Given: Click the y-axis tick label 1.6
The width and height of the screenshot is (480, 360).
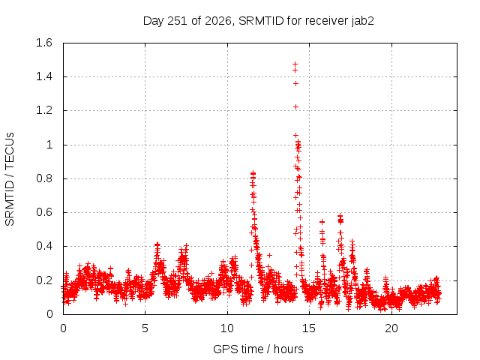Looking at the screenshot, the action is click(44, 43).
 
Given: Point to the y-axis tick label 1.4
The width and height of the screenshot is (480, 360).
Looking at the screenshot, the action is click(44, 76).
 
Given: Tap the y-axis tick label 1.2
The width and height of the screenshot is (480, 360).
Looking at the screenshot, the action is click(44, 110).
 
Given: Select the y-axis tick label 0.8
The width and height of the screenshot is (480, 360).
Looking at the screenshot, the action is click(44, 178).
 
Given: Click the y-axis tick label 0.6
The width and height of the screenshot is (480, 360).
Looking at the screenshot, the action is click(44, 212).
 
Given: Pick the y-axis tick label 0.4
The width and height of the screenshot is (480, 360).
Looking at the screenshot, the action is click(44, 246).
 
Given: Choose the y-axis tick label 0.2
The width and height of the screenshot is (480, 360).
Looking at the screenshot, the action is click(44, 280).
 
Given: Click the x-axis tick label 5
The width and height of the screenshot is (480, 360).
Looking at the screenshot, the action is click(145, 328).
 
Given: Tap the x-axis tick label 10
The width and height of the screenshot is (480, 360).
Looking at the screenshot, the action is click(227, 328).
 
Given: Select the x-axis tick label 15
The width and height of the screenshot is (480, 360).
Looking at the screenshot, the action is click(309, 328).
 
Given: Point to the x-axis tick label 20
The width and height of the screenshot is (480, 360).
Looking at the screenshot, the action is click(391, 328).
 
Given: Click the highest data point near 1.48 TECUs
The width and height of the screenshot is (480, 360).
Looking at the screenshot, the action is click(295, 64).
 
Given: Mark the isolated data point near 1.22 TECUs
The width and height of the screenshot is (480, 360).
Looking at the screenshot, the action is click(295, 106).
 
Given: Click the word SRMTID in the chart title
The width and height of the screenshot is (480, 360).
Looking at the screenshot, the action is click(261, 21).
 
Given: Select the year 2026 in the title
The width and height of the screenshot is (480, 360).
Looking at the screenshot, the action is click(218, 21).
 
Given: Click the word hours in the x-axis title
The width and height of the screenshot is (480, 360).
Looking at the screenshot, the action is click(288, 349).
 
